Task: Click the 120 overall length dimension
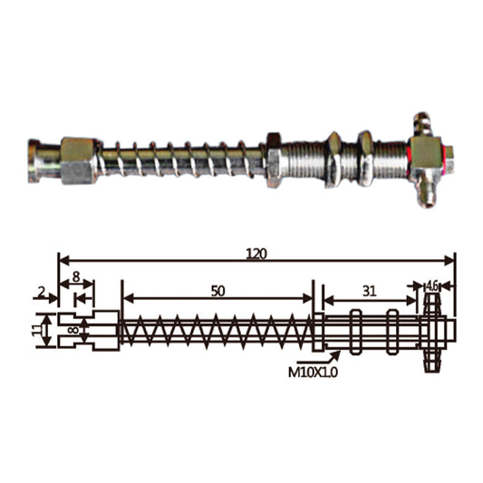[256, 254]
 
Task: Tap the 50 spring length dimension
[217, 291]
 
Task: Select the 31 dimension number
[370, 291]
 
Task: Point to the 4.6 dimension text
[432, 286]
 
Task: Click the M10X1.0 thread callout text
[313, 372]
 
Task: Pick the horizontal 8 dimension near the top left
[76, 277]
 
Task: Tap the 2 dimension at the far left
[41, 292]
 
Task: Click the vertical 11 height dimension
[37, 331]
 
